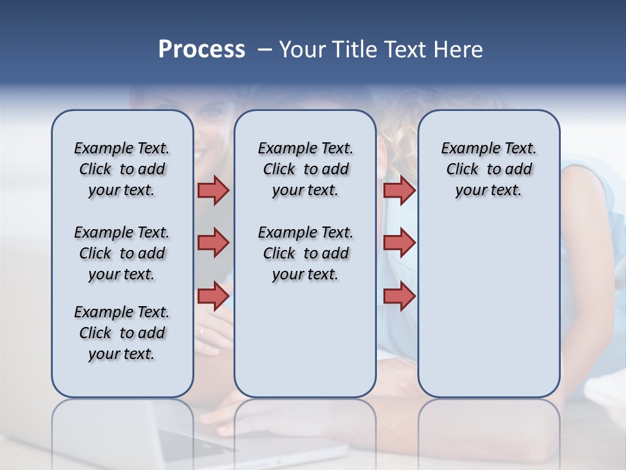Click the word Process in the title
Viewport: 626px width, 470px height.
pos(201,50)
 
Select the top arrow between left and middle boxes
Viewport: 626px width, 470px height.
pos(213,191)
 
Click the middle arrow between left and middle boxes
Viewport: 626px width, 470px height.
pos(213,243)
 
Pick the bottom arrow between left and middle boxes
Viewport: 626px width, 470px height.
pos(213,296)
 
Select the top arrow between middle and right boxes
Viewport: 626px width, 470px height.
pos(399,191)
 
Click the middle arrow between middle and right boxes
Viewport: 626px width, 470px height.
pos(399,243)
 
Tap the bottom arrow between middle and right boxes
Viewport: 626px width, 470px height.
pos(399,296)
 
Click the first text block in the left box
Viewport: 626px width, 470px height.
pos(122,169)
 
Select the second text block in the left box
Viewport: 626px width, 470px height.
pos(122,253)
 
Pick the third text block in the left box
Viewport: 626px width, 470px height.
pos(122,333)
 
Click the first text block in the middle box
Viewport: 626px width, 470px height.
pos(305,169)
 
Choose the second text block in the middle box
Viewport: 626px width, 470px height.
pos(305,253)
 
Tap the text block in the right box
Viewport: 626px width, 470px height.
pos(488,169)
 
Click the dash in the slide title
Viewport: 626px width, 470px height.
pos(264,50)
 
